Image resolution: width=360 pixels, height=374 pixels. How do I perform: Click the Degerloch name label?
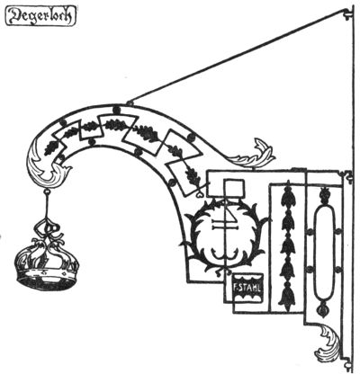point(40,16)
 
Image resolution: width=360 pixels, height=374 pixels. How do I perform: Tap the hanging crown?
point(48,264)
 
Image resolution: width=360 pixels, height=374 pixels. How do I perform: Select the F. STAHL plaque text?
point(247,286)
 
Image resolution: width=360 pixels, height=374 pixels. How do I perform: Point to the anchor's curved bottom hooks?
point(224,255)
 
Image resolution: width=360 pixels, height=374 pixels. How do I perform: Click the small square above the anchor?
point(235,188)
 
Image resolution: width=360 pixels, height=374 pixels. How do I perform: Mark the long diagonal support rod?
point(237,57)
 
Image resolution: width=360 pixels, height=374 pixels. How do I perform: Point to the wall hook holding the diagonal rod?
point(348,13)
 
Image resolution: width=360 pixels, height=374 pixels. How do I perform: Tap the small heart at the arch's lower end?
point(200,194)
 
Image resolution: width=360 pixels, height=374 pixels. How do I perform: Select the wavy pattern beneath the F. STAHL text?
point(247,296)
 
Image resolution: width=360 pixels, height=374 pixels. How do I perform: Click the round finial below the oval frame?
point(324,308)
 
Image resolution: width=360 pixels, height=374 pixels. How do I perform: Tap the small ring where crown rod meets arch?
point(47,191)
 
